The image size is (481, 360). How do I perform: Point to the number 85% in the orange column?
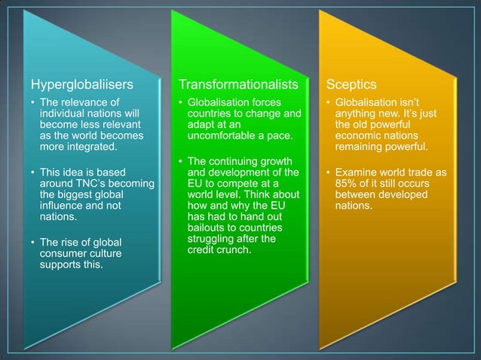tap(348, 185)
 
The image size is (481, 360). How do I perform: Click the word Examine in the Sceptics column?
tap(359, 173)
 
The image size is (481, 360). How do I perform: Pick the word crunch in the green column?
tap(234, 250)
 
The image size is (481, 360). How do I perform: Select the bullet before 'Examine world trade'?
tap(327, 173)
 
